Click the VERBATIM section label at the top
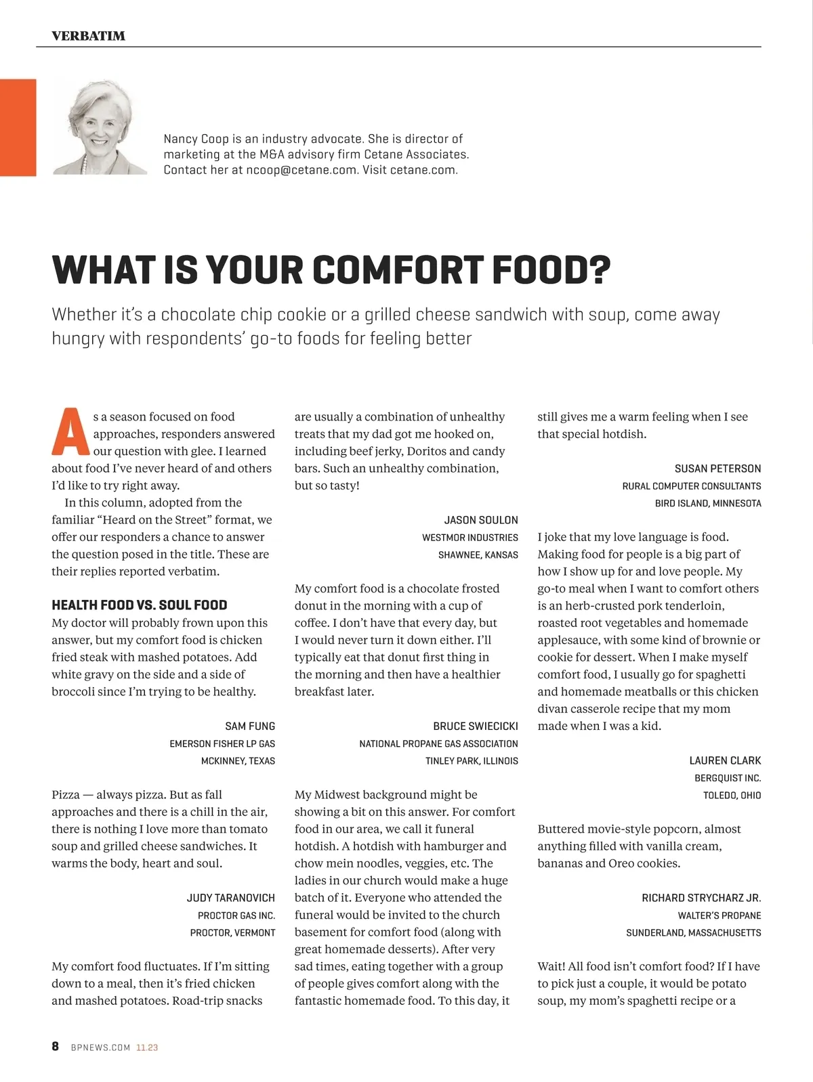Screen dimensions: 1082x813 point(88,36)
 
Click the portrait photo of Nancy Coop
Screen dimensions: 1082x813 point(99,127)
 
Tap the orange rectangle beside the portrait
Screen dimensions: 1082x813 point(18,127)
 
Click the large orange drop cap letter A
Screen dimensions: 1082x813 point(70,432)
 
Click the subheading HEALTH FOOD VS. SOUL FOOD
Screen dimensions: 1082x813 point(140,605)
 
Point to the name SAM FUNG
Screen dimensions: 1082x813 point(250,726)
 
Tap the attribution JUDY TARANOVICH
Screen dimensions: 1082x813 point(230,898)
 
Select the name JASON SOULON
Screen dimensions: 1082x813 point(481,520)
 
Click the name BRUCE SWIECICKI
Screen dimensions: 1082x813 point(476,726)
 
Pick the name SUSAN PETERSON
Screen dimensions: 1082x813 point(717,469)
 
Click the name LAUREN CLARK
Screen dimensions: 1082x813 point(725,760)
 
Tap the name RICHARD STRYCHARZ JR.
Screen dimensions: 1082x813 point(701,898)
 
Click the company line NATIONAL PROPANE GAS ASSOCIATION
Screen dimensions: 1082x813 point(438,743)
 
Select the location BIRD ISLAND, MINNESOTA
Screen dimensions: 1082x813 point(708,503)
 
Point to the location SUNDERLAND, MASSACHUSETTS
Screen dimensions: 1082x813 point(693,932)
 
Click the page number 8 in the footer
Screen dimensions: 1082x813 point(56,1046)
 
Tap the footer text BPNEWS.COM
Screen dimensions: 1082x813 point(100,1047)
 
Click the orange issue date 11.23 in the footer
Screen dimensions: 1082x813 point(147,1047)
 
